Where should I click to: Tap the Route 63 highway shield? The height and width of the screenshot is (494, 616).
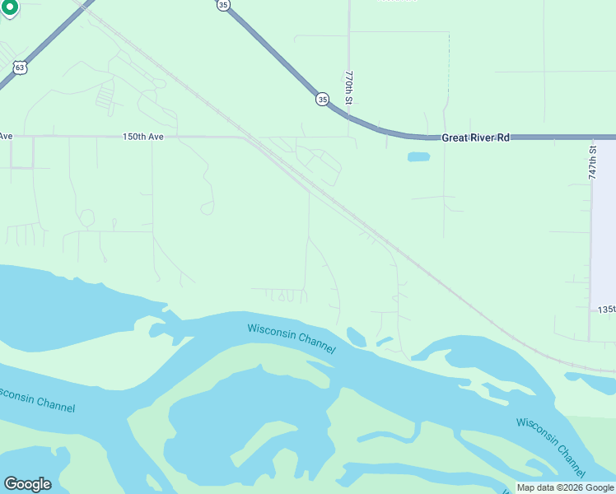20,68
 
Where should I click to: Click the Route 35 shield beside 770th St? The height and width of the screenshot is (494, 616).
321,99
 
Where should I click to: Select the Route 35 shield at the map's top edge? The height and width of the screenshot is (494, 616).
224,5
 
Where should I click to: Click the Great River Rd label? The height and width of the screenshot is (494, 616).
475,137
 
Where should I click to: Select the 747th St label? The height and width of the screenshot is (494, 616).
592,162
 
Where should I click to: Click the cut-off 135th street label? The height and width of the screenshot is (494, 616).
607,310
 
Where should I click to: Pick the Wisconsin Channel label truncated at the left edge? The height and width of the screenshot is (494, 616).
37,399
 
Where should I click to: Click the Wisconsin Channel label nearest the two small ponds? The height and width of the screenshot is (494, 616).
292,338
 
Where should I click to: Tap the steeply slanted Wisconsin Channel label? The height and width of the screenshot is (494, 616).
551,446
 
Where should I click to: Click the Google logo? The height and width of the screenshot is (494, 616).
27,484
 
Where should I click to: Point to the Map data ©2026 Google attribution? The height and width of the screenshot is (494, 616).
565,487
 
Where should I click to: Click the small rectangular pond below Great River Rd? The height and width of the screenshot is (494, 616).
418,156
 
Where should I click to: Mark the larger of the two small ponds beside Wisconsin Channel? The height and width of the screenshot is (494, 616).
357,337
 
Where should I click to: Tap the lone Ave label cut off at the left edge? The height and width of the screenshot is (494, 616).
7,137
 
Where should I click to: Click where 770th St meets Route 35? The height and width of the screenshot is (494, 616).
349,117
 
